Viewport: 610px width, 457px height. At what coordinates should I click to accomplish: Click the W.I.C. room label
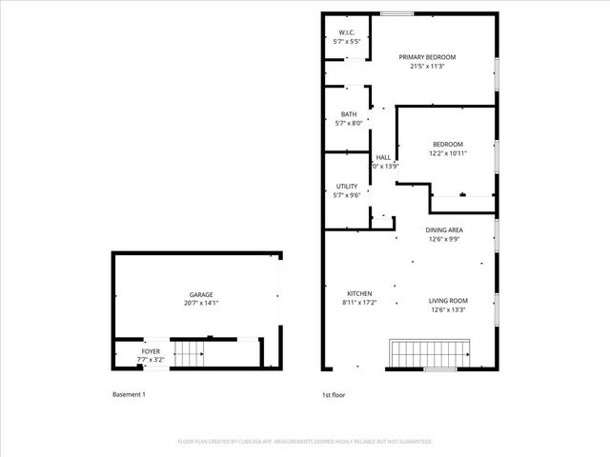[347, 33]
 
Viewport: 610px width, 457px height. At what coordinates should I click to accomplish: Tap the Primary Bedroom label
[427, 57]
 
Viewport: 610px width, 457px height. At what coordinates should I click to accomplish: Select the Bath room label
[347, 114]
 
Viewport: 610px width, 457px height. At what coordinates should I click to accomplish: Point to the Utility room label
[347, 186]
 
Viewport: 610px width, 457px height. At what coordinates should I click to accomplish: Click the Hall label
[383, 157]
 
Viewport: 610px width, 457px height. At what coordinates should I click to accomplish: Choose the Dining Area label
[444, 230]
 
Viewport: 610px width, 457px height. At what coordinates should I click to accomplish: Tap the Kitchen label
[359, 293]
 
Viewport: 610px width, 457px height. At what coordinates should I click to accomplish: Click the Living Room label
[448, 300]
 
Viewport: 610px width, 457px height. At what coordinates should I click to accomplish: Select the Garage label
[200, 295]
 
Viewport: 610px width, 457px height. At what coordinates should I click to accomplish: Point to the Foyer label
[151, 351]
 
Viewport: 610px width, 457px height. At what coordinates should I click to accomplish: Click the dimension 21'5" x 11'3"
[427, 67]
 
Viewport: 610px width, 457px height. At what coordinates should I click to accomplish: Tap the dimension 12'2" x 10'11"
[448, 153]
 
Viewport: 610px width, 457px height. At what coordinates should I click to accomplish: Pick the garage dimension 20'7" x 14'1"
[200, 304]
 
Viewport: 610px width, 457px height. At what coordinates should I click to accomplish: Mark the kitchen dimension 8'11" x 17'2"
[359, 303]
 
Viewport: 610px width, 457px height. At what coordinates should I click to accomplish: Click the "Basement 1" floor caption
[129, 394]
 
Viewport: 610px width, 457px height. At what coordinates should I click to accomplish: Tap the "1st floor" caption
[334, 394]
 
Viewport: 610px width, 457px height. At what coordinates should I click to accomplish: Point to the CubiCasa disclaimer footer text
[305, 442]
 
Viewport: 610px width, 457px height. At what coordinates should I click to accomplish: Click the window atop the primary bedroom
[397, 13]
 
